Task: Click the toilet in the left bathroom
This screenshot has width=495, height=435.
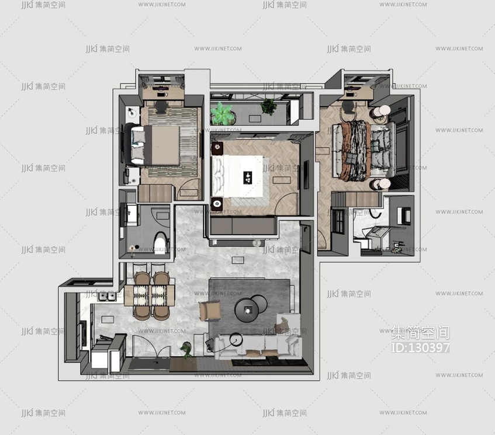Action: tap(161, 243)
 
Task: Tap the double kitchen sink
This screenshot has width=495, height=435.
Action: tap(108, 297)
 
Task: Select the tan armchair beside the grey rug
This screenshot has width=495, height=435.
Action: tap(210, 311)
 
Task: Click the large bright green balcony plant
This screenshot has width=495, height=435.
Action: tap(221, 113)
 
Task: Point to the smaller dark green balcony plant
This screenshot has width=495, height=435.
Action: tap(269, 106)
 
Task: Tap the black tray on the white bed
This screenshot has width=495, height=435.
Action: tap(248, 178)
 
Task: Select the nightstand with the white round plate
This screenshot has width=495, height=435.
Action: tap(217, 204)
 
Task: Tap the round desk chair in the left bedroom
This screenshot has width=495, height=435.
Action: tap(161, 107)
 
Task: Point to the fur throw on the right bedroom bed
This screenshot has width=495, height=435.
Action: tap(356, 151)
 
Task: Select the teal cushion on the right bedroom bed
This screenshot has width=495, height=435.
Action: tap(375, 146)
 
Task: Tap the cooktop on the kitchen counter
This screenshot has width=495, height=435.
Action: tap(83, 333)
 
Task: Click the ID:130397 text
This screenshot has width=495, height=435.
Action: tap(420, 347)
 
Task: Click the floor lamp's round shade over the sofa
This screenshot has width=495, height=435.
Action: tap(237, 340)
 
